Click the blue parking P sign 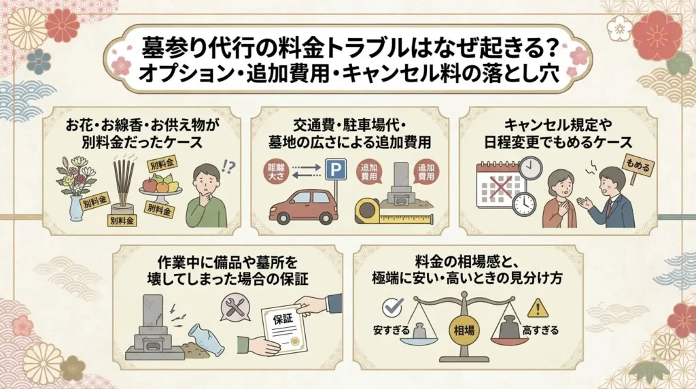pyautogui.click(x=336, y=169)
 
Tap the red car pyautogui.click(x=304, y=207)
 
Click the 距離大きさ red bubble pyautogui.click(x=276, y=172)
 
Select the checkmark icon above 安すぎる pyautogui.click(x=393, y=307)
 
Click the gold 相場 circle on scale pyautogui.click(x=464, y=330)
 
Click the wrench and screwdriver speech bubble pyautogui.click(x=235, y=307)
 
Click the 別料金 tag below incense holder pyautogui.click(x=122, y=220)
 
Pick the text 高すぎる pyautogui.click(x=540, y=331)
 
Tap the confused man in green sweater pyautogui.click(x=205, y=195)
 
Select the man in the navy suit pyautogui.click(x=609, y=198)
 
